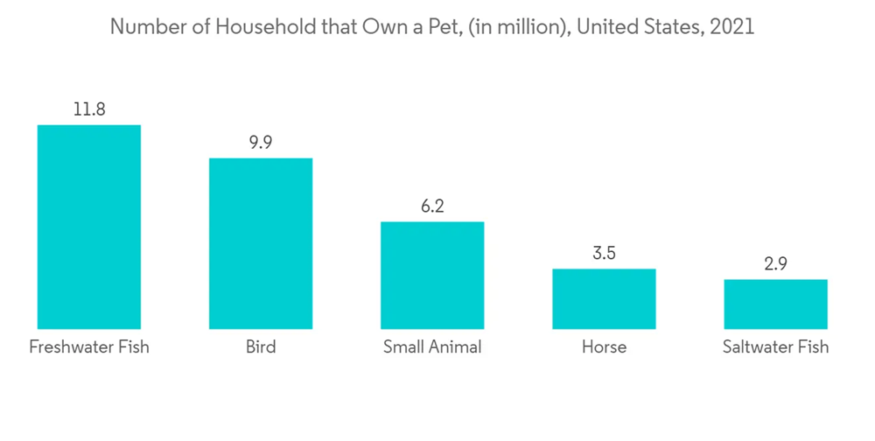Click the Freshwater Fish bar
[x=88, y=227]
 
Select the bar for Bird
[x=260, y=243]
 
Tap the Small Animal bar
[x=431, y=275]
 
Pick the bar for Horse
[x=604, y=298]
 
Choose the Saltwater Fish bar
[x=775, y=304]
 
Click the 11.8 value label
[x=88, y=110]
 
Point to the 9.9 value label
[x=260, y=143]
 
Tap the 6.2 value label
[x=431, y=207]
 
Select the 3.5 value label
[x=604, y=255]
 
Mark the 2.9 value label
[x=775, y=264]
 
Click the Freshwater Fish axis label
[x=88, y=347]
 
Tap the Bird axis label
[x=260, y=347]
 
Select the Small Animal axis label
[x=431, y=347]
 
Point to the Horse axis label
[x=604, y=347]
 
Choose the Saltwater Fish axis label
[x=775, y=347]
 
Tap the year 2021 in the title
[x=732, y=27]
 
